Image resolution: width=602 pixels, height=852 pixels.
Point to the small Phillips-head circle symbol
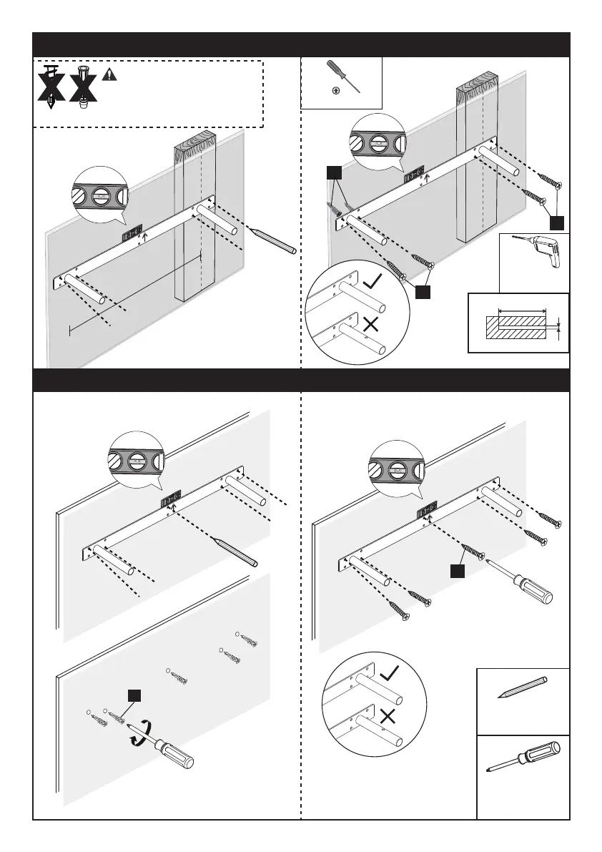click(x=336, y=92)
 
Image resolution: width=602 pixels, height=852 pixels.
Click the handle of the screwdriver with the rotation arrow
click(x=178, y=754)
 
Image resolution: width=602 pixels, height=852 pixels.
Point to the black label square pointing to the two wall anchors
click(x=333, y=172)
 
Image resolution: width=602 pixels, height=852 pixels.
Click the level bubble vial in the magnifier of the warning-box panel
click(x=101, y=194)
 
